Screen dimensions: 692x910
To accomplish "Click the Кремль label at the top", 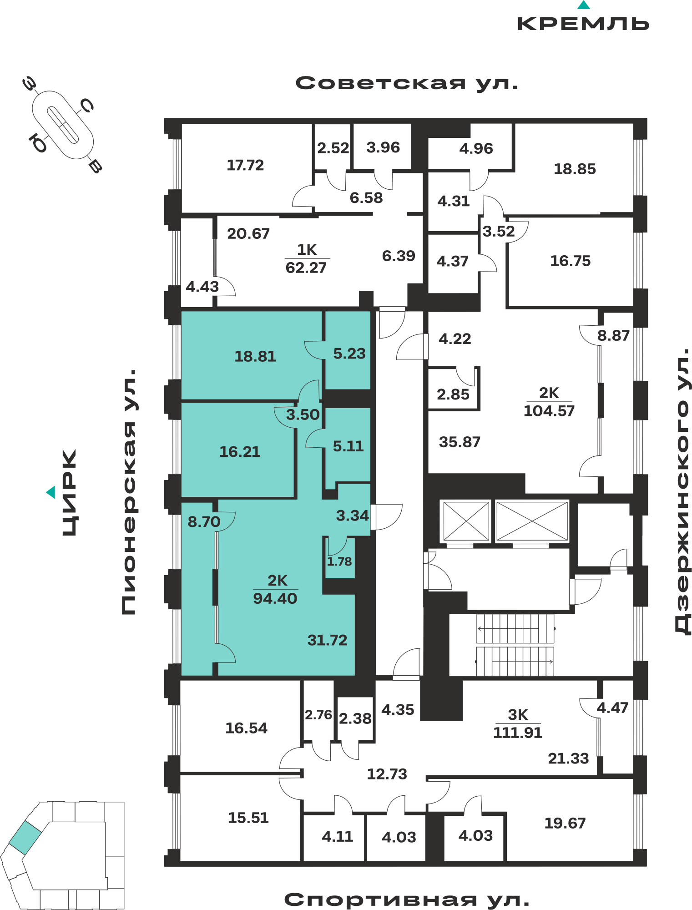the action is pos(583,24).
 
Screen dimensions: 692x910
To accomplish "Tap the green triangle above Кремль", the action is pos(584,5).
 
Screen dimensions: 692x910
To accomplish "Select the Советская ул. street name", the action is pos(407,83).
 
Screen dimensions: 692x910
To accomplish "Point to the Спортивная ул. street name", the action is pos(407,900).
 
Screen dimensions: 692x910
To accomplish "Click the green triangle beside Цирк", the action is pos(51,492).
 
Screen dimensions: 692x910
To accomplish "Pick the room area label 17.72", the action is pos(245,165).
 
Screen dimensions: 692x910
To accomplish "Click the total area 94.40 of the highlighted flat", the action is pos(275,598).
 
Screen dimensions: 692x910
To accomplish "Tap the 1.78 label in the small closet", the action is pos(339,561).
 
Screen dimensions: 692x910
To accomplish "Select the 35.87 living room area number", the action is pos(460,442).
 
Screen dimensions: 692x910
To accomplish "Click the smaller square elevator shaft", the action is pos(466,521).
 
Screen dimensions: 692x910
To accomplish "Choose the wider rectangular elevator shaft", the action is pos(532,521).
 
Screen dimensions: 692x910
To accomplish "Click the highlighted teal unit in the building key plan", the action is pos(25,838).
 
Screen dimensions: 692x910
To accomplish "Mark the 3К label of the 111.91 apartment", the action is pos(518,715).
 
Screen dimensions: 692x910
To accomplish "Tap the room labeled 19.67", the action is pos(565,823).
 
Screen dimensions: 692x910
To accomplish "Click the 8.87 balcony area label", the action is pos(613,335).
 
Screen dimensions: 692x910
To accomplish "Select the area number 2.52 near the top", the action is pos(333,148).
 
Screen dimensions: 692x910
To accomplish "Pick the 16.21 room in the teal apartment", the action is pos(240,452).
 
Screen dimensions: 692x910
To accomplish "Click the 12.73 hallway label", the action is pos(387,774).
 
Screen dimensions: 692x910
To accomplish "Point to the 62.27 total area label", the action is pos(306,268).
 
